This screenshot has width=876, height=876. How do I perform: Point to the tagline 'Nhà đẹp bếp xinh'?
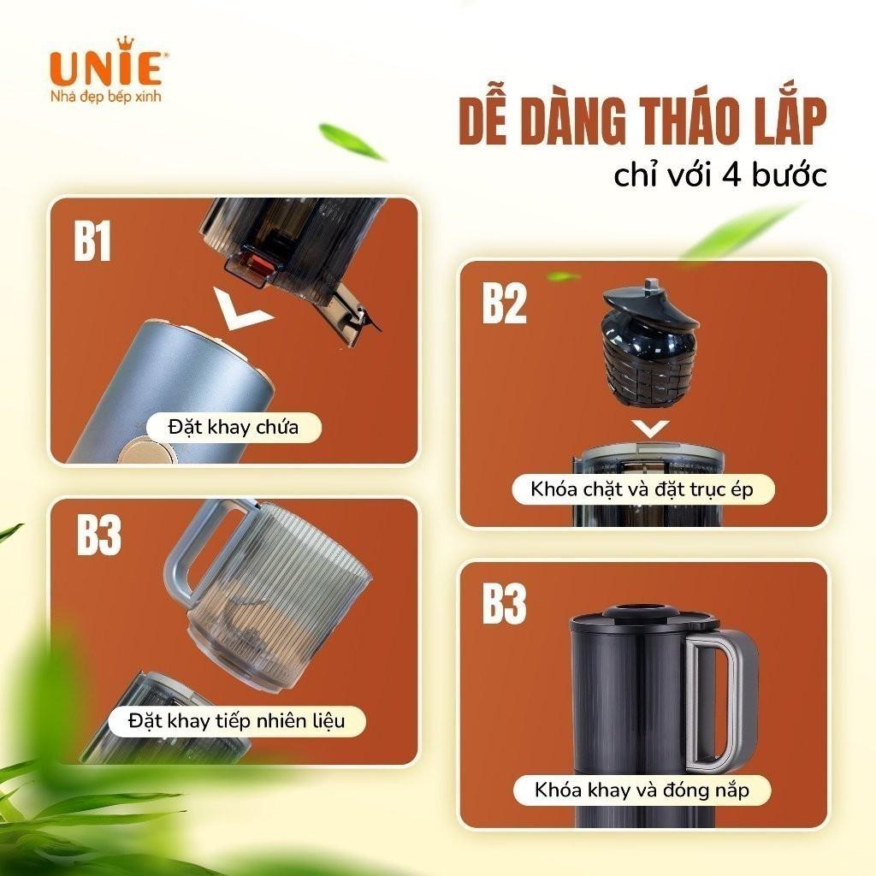[x=105, y=96]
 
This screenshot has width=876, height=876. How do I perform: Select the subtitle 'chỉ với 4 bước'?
[x=719, y=175]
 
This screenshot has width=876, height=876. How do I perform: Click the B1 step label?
[x=92, y=240]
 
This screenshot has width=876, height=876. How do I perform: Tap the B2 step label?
[x=504, y=303]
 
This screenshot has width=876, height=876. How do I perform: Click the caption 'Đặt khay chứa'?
[x=234, y=428]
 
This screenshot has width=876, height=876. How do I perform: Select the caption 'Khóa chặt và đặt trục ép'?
[x=642, y=489]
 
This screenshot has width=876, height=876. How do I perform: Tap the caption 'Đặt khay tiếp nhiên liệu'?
[x=236, y=720]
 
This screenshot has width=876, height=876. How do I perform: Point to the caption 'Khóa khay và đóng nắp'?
[x=642, y=790]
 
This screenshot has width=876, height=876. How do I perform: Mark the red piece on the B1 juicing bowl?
[x=259, y=263]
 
